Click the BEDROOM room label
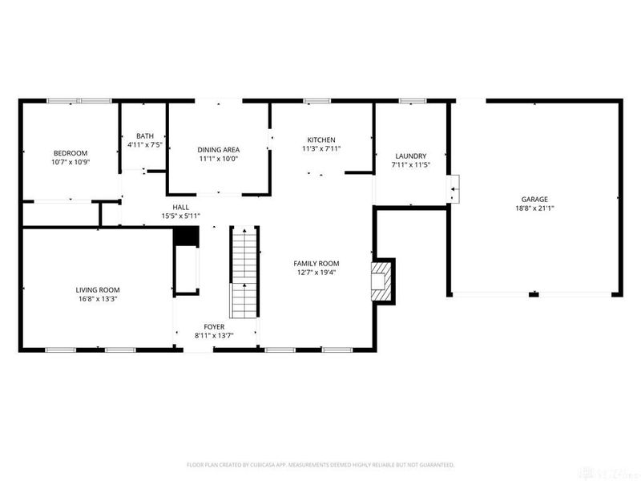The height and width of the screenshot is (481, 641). (x=71, y=153)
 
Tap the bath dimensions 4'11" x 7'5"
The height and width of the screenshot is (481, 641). (x=145, y=145)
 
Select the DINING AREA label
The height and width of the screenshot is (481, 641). (x=219, y=149)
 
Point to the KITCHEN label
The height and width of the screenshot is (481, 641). (x=321, y=139)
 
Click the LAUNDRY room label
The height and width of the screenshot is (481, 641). (x=411, y=156)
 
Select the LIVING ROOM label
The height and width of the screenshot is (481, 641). (x=98, y=289)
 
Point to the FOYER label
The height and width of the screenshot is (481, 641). (x=214, y=326)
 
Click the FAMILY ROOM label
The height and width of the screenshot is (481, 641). (x=316, y=263)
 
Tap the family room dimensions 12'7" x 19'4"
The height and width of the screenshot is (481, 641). (x=316, y=272)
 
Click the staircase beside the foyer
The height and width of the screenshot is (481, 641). (x=244, y=273)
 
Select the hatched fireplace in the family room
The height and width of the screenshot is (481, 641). (x=381, y=280)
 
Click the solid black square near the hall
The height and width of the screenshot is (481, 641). (x=186, y=236)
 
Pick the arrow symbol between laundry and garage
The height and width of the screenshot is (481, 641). (x=454, y=189)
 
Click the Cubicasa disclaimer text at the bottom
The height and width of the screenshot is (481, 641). (x=320, y=464)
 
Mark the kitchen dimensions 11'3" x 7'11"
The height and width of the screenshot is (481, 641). (x=321, y=148)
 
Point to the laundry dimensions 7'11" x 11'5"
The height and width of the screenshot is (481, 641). (x=411, y=164)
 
